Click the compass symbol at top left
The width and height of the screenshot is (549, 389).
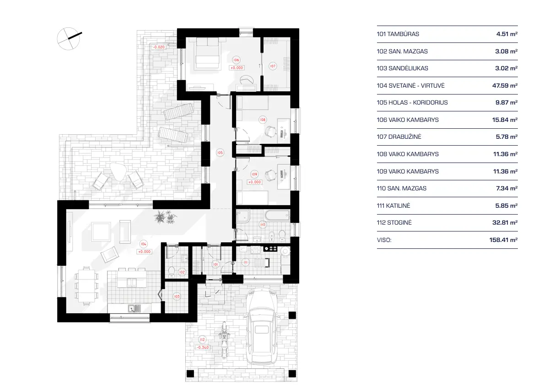pyautogui.click(x=69, y=38)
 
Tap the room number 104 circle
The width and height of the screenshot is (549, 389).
pyautogui.click(x=144, y=244)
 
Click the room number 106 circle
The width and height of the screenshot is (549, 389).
pyautogui.click(x=236, y=60)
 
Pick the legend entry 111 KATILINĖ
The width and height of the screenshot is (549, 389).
pyautogui.click(x=393, y=205)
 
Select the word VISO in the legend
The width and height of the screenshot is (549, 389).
pyautogui.click(x=384, y=240)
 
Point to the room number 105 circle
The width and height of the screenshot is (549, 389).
pyautogui.click(x=220, y=152)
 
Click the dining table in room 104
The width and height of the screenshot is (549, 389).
pyautogui.click(x=86, y=285)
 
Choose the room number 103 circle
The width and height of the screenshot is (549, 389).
pyautogui.click(x=177, y=296)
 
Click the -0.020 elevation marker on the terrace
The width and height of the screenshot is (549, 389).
pyautogui.click(x=159, y=47)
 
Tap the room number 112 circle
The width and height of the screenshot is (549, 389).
pyautogui.click(x=202, y=340)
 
